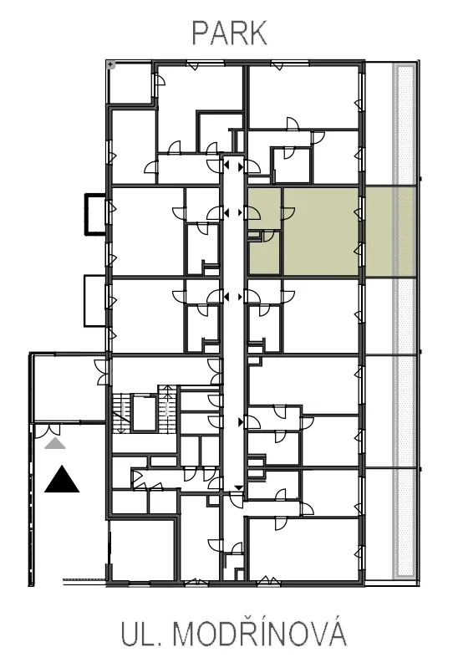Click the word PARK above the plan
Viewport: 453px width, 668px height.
230,33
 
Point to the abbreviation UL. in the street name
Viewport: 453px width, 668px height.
140,635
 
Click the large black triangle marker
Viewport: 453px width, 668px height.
62,479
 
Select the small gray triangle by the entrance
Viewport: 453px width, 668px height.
55,443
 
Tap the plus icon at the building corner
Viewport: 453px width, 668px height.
110,64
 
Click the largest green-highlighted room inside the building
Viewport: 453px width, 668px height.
320,232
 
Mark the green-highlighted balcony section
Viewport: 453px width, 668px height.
390,232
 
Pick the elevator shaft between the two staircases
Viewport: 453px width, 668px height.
144,413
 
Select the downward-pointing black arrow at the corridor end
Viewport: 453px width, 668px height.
238,488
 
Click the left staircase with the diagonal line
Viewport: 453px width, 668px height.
121,413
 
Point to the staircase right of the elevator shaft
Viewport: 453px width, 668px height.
167,410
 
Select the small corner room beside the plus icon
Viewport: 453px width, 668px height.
130,83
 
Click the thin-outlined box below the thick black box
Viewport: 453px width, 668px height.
95,301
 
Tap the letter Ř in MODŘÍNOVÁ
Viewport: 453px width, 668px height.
246,632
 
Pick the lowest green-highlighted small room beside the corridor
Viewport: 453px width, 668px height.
264,253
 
